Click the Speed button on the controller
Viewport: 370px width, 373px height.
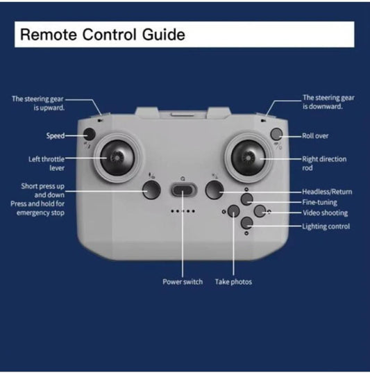click(x=90, y=134)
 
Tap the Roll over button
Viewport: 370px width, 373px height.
click(x=276, y=134)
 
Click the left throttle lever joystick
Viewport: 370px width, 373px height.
click(x=117, y=158)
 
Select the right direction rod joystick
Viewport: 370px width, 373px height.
click(x=248, y=158)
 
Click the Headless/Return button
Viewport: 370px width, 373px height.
click(x=215, y=190)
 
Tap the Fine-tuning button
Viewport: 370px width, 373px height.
click(x=247, y=199)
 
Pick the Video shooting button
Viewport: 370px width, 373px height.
click(x=260, y=211)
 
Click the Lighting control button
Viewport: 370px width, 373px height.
click(x=247, y=223)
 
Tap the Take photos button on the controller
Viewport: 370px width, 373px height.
click(x=233, y=211)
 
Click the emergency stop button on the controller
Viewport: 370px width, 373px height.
click(x=151, y=190)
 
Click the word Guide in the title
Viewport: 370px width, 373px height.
click(x=164, y=35)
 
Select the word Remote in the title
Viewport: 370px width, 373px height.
click(x=49, y=35)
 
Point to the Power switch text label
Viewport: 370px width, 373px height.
click(x=183, y=281)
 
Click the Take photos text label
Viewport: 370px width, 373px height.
click(x=233, y=282)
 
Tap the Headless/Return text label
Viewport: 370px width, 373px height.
click(x=327, y=192)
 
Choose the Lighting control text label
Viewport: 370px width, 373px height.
click(x=326, y=226)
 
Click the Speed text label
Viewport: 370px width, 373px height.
click(x=56, y=136)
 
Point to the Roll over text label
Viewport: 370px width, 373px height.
click(x=315, y=136)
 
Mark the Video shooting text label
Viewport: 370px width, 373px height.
click(x=325, y=213)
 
